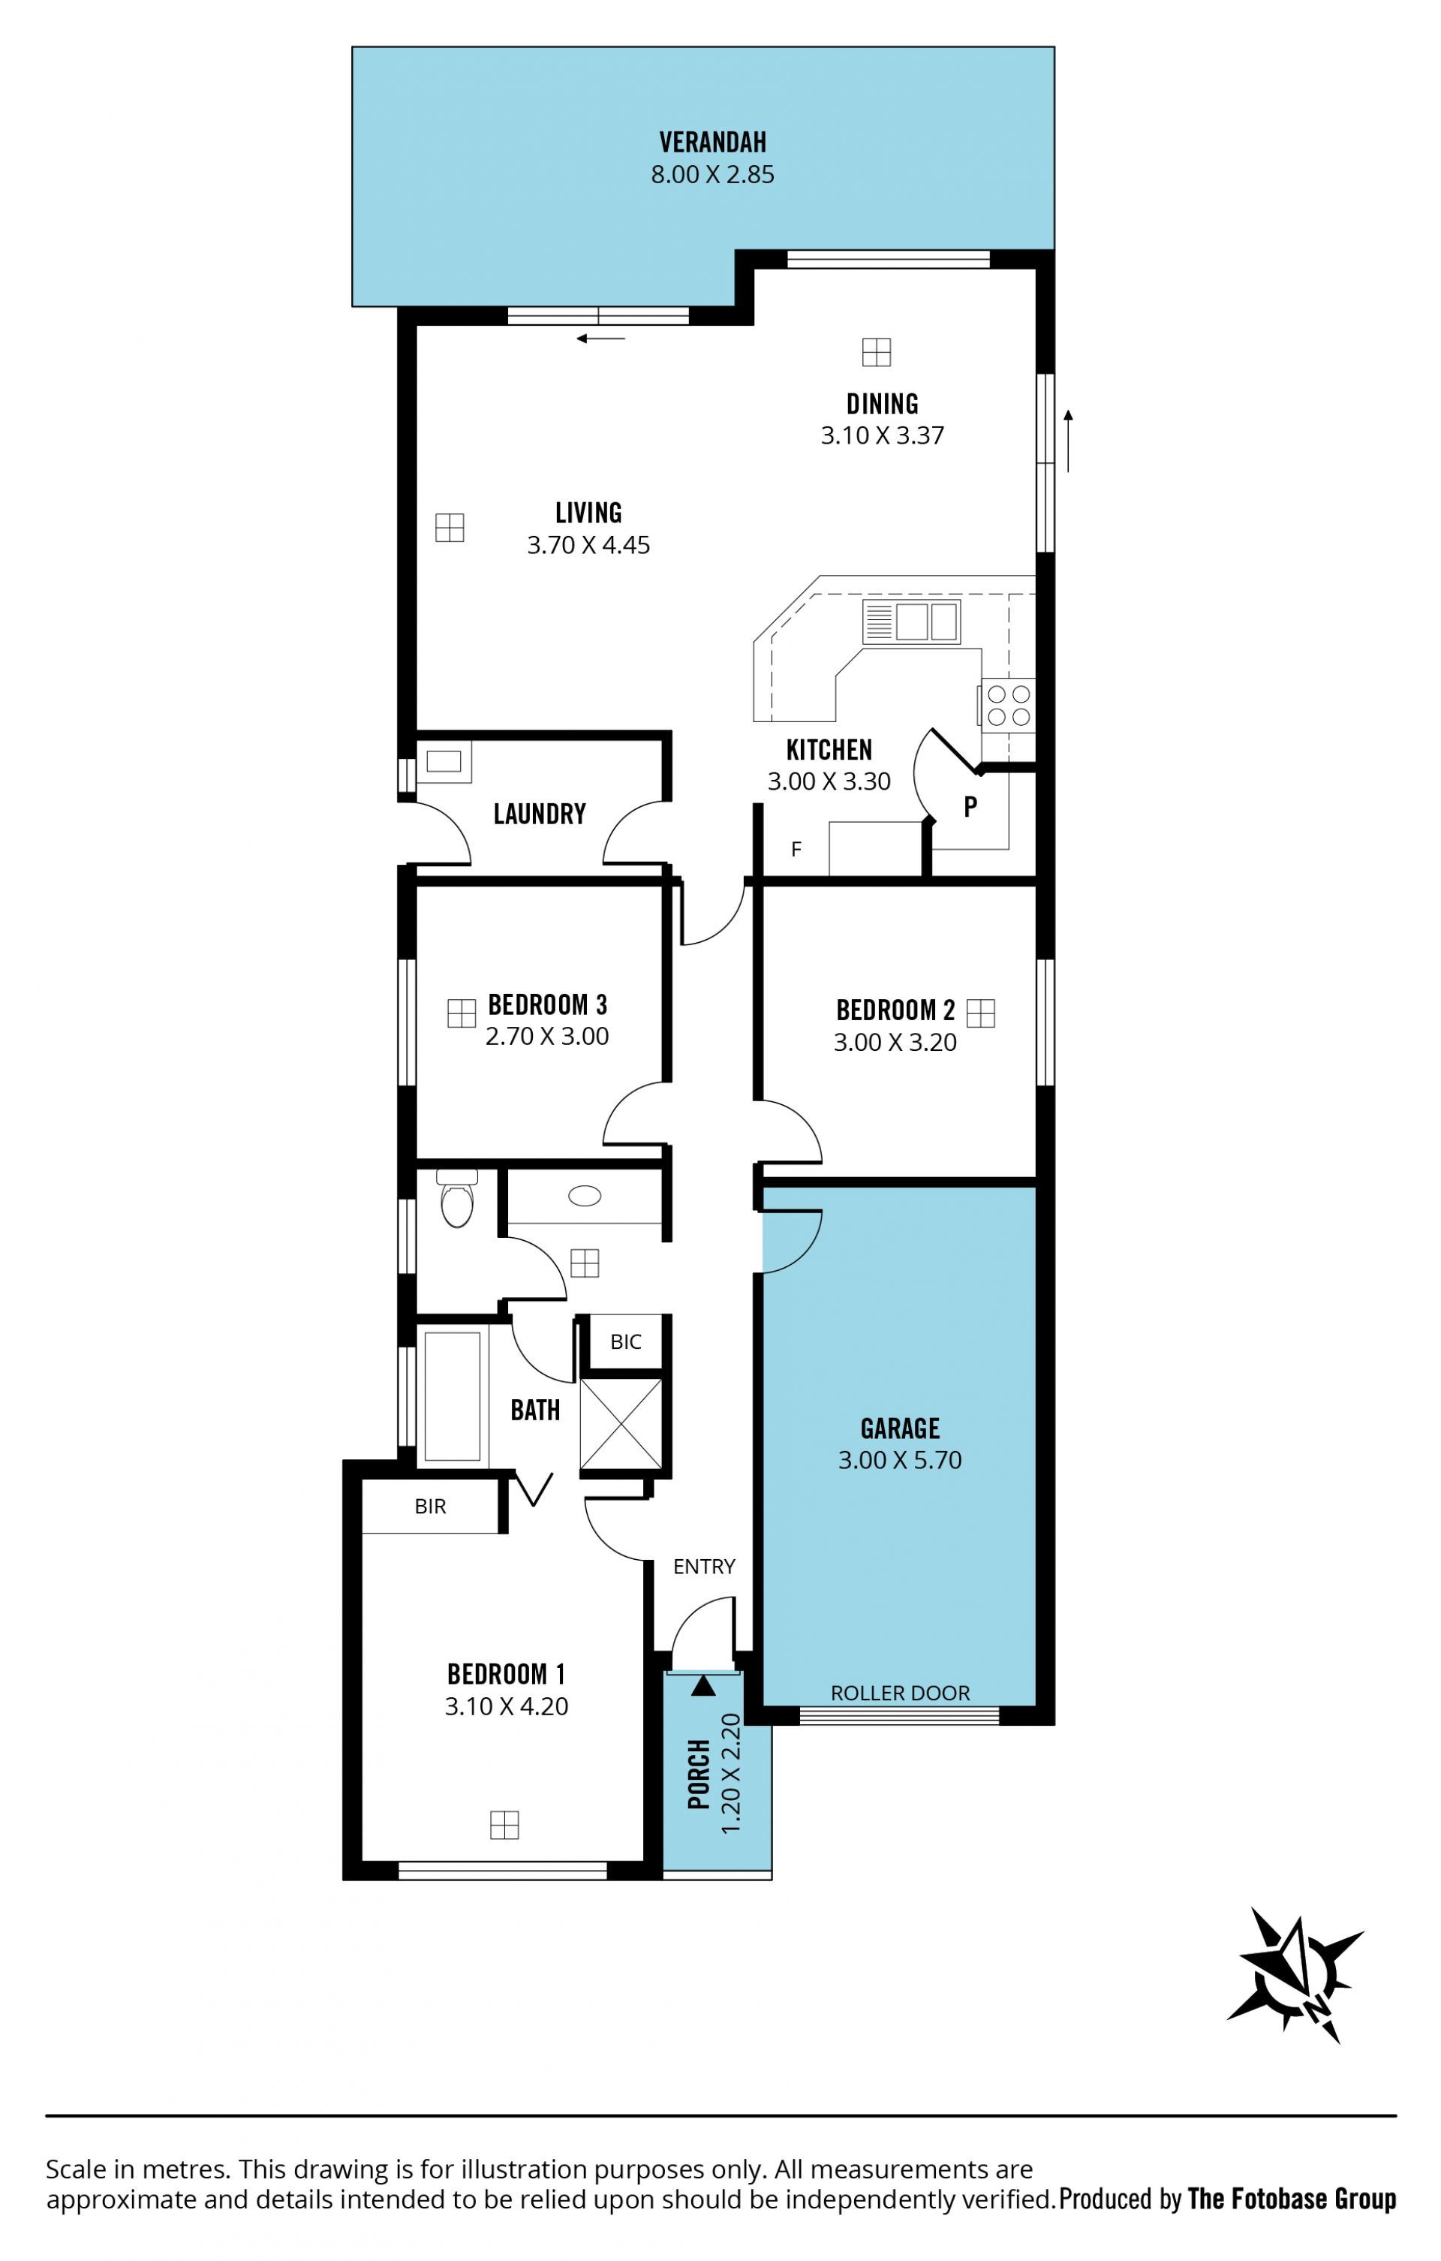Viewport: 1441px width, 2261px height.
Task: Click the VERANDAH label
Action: pyautogui.click(x=712, y=143)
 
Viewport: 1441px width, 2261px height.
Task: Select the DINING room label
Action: pyautogui.click(x=883, y=404)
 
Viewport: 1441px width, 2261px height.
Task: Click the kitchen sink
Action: pyautogui.click(x=912, y=622)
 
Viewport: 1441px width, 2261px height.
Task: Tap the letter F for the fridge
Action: pyautogui.click(x=796, y=850)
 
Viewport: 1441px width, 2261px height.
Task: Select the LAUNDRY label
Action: pyautogui.click(x=540, y=813)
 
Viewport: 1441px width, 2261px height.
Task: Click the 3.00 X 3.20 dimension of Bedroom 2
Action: pyautogui.click(x=895, y=1042)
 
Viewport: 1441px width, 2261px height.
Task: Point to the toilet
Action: pyautogui.click(x=457, y=1198)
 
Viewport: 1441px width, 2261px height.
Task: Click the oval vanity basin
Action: pyautogui.click(x=585, y=1197)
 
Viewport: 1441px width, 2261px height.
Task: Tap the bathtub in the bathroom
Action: pyautogui.click(x=453, y=1395)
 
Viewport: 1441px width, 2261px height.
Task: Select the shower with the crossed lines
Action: pyautogui.click(x=621, y=1423)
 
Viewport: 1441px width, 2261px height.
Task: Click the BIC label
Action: pyautogui.click(x=625, y=1341)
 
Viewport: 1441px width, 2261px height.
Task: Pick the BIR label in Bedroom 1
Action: pyautogui.click(x=430, y=1506)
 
